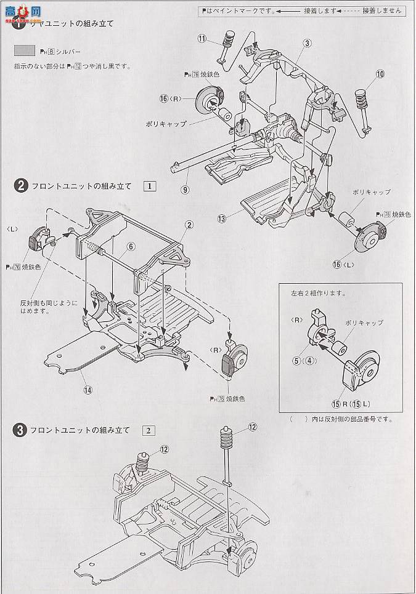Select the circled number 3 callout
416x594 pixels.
(308, 43)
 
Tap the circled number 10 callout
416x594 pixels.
(380, 74)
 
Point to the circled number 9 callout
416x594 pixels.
(184, 190)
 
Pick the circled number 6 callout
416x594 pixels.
(131, 246)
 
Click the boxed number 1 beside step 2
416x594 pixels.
(150, 186)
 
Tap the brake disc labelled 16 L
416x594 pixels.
(370, 239)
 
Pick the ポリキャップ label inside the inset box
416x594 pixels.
(364, 323)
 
